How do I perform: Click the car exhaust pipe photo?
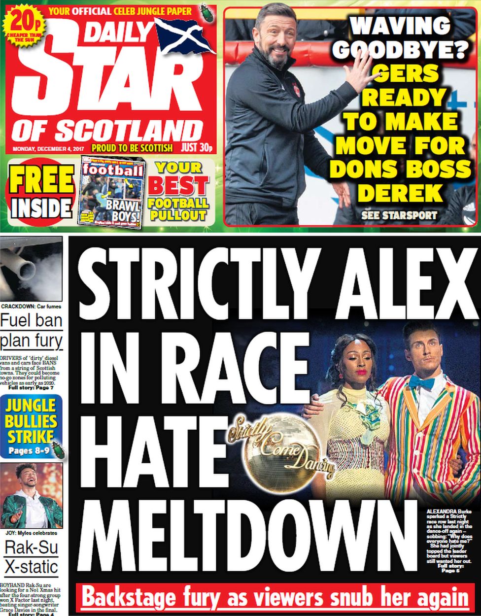tap(32, 269)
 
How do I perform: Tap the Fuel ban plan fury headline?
tap(32, 331)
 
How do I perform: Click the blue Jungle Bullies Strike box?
tap(32, 427)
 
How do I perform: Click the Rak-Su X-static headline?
tap(32, 556)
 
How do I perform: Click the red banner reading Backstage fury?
tap(274, 598)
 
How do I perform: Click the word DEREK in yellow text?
tap(400, 193)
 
